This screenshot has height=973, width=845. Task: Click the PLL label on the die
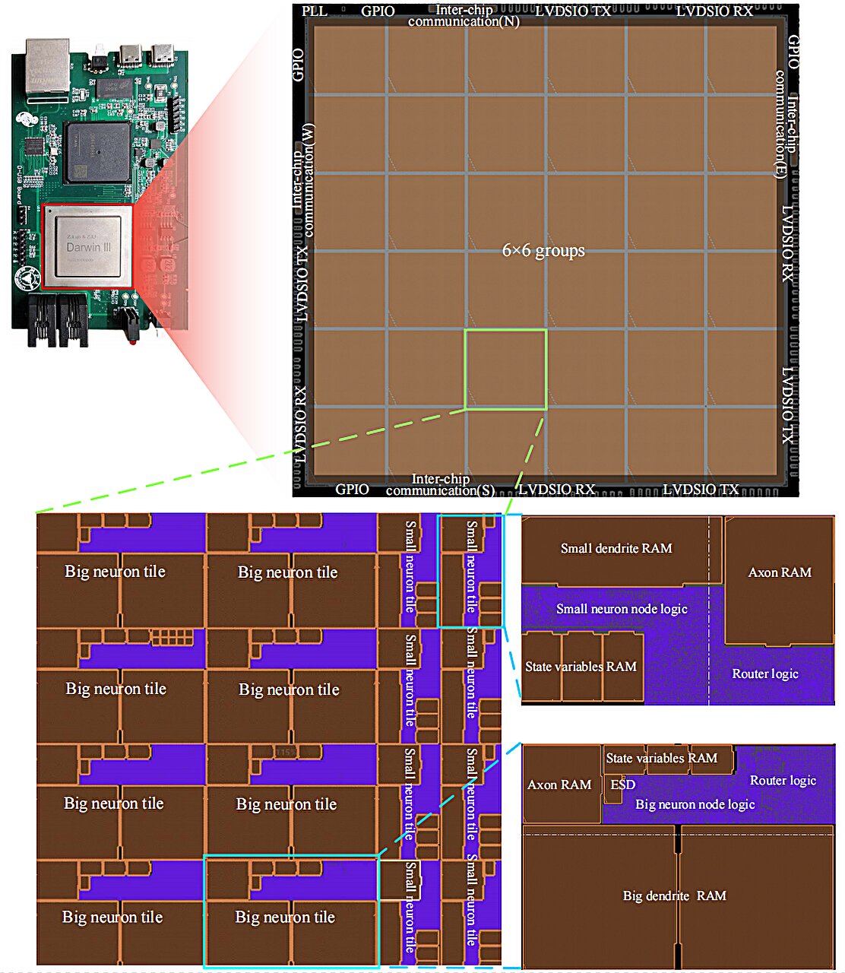(315, 11)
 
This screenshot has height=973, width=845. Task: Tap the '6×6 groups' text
(543, 250)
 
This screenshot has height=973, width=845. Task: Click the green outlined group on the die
(505, 369)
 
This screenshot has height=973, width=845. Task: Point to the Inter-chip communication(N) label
(464, 15)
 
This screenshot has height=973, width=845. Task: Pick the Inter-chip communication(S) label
(440, 485)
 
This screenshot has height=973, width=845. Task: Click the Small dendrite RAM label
(616, 548)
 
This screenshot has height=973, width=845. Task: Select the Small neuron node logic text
(622, 609)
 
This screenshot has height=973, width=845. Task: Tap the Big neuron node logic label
(695, 804)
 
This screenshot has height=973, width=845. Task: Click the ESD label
(622, 784)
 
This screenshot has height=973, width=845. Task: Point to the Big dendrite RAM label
(674, 895)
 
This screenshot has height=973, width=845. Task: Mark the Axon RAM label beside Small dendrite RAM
(780, 572)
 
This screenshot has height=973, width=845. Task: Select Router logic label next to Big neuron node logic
(783, 781)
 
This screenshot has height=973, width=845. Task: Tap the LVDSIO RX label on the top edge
(714, 11)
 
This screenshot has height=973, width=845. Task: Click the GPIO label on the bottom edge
(352, 490)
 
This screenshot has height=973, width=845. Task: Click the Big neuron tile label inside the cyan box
(285, 918)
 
